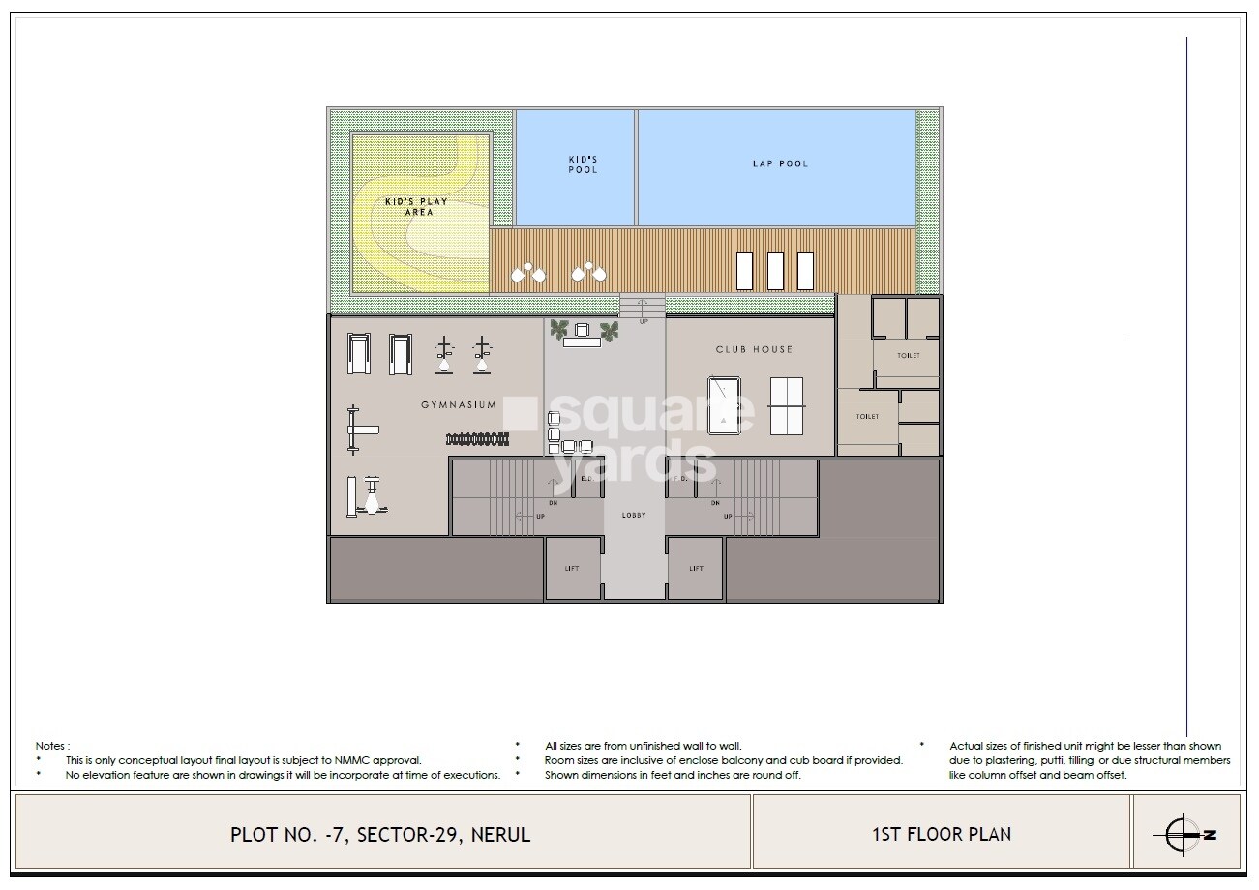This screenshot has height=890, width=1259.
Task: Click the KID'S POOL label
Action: coord(582,164)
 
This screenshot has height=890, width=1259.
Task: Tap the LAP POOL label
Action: coord(780,163)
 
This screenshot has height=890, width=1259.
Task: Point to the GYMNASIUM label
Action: coord(458,405)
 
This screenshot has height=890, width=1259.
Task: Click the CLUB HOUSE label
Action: coord(754,349)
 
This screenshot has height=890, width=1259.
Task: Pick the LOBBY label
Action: coord(634,516)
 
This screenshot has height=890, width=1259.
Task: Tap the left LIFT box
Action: coord(573,569)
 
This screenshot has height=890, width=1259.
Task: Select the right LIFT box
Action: coord(696,569)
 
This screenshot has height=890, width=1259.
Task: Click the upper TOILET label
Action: coord(908,355)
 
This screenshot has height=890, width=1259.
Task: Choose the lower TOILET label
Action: coord(867,417)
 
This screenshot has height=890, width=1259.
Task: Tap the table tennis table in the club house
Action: coord(786,405)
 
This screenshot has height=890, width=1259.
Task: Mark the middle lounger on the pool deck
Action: coord(775,271)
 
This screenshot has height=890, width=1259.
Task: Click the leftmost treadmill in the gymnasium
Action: coord(358,353)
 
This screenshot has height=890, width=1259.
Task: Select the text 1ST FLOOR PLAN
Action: coord(940,833)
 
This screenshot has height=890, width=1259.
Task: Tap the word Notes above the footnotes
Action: coord(52,746)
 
